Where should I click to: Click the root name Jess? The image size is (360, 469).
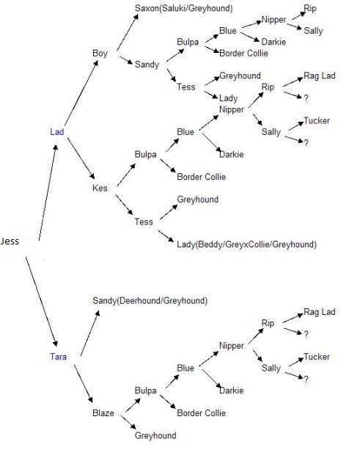(10, 241)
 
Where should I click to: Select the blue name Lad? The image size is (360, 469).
(57, 132)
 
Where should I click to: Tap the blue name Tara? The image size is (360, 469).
(58, 357)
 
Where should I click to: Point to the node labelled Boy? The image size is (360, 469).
(100, 54)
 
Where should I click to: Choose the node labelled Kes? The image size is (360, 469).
(100, 188)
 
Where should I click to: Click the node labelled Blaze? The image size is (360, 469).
(103, 412)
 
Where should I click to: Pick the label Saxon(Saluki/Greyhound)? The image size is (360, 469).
(184, 8)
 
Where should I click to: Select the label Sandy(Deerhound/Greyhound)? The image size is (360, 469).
(150, 301)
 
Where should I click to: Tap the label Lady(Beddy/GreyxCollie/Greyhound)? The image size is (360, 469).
(247, 244)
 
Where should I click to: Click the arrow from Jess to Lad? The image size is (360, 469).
(48, 192)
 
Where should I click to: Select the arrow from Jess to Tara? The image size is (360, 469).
(41, 301)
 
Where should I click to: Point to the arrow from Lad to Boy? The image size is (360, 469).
(81, 92)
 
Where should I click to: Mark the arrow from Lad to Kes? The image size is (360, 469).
(81, 159)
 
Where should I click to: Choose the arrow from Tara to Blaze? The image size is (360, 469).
(84, 384)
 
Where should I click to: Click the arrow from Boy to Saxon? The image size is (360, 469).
(128, 32)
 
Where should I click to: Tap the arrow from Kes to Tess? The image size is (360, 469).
(125, 205)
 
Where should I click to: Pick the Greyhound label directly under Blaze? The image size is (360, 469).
(155, 435)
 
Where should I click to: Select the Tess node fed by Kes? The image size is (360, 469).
(144, 222)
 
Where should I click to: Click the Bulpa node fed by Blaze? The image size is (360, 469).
(145, 390)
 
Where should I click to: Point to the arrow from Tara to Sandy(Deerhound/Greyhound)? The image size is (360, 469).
(90, 333)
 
